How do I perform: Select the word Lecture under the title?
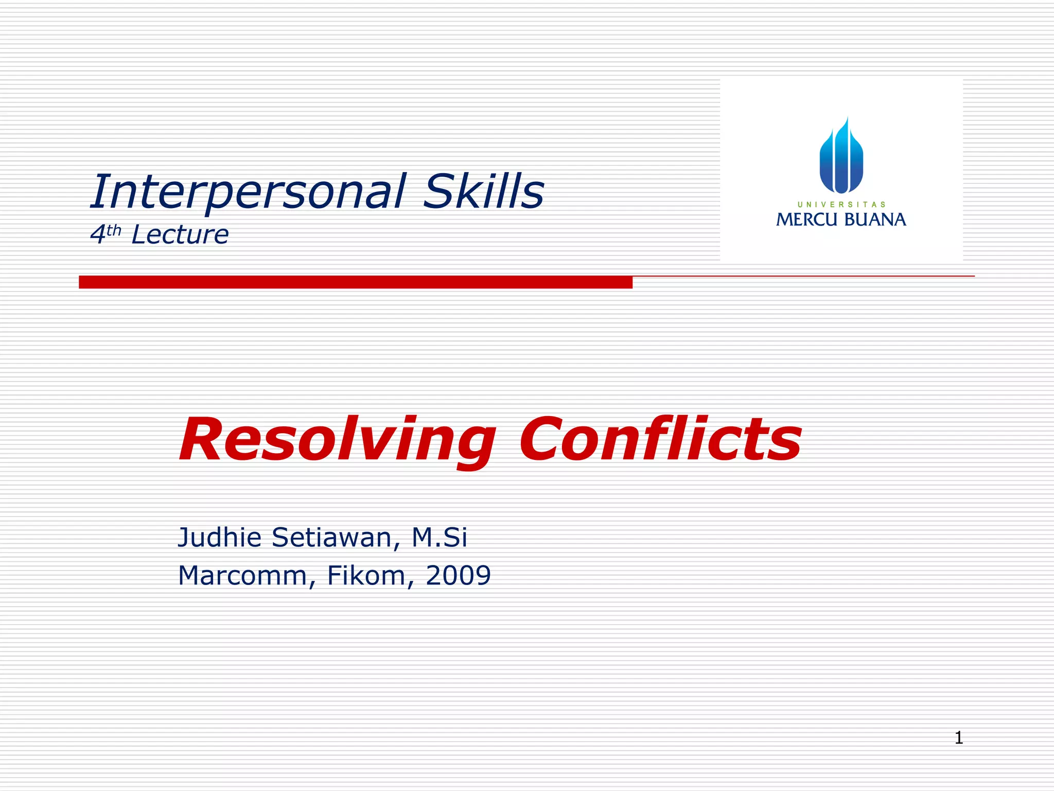coord(180,235)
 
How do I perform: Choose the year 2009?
coord(458,575)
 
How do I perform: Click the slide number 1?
coord(959,737)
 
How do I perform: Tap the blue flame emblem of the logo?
coord(841,157)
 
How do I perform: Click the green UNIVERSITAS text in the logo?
coord(841,204)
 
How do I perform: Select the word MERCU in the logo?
coord(806,220)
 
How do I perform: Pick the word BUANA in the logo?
coord(875,220)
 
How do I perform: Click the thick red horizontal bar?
coord(355,282)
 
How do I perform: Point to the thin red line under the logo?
coord(803,277)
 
